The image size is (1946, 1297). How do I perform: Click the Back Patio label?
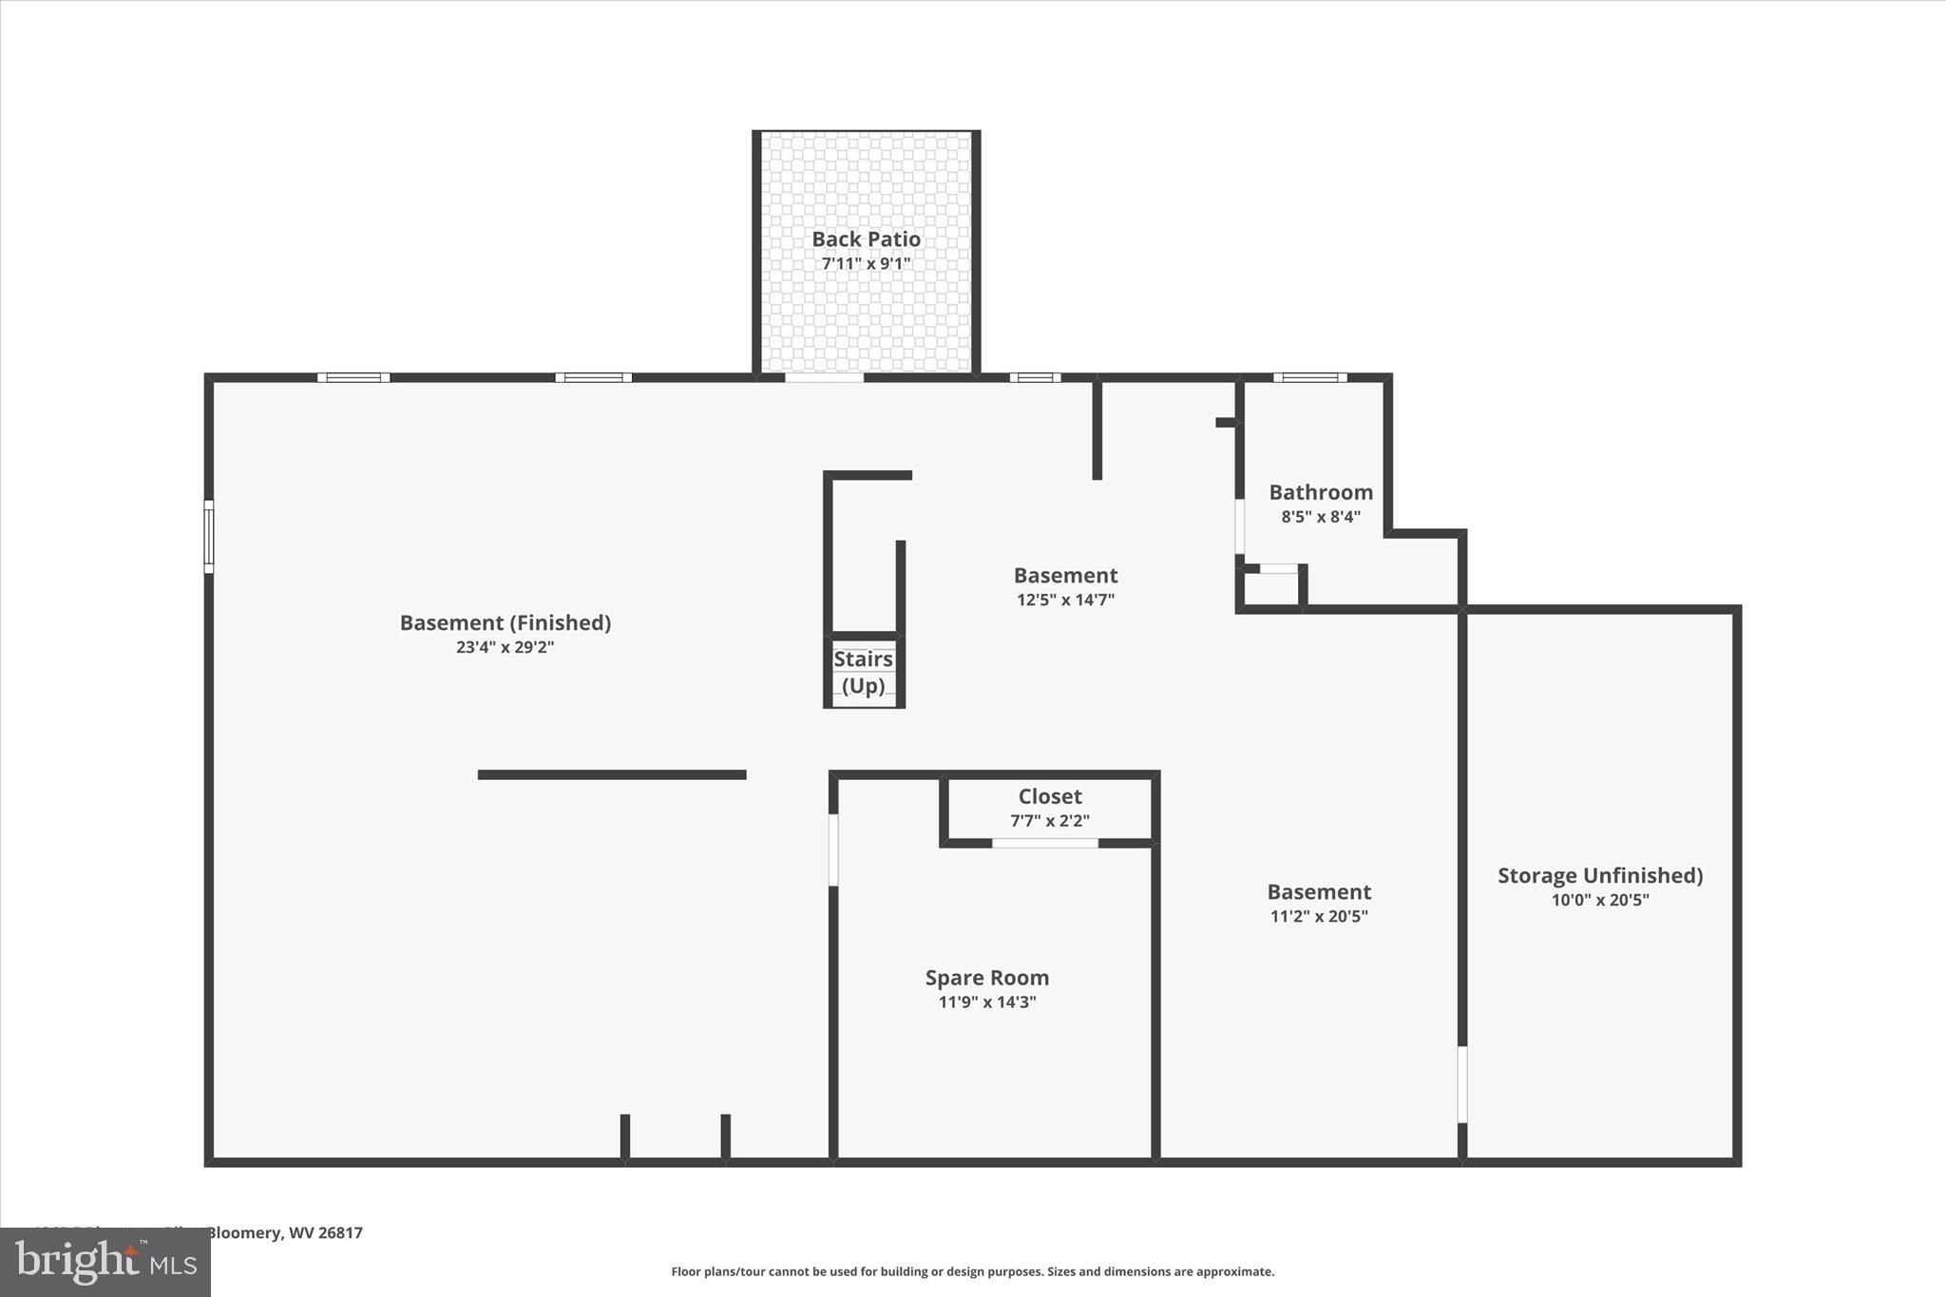pos(866,239)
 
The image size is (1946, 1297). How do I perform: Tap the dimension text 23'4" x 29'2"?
pos(505,647)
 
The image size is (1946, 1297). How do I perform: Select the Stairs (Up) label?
pos(863,672)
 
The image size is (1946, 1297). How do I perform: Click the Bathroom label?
pos(1321,492)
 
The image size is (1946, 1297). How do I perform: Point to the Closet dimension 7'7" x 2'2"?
pos(1049,821)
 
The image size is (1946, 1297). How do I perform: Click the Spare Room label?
pos(987,978)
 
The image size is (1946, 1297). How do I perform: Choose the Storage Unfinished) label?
pos(1600,875)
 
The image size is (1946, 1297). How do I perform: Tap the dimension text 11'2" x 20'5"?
pos(1319,917)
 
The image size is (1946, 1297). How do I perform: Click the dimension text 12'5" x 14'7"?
pos(1065,600)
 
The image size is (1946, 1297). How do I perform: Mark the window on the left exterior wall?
pos(209,537)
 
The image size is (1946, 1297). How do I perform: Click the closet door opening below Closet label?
pos(1045,843)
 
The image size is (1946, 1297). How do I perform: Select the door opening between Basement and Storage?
pos(1462,1084)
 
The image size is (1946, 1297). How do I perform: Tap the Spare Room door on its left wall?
pos(833,849)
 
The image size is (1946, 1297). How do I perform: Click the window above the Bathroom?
pos(1309,377)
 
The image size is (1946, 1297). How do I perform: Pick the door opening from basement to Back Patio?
pos(824,377)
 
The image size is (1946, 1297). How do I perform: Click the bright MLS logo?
pos(105,1262)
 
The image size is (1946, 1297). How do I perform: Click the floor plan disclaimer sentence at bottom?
pos(972,1271)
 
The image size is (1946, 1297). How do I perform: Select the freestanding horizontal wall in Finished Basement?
pos(612,774)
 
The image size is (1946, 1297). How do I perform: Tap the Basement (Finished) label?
pos(505,622)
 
